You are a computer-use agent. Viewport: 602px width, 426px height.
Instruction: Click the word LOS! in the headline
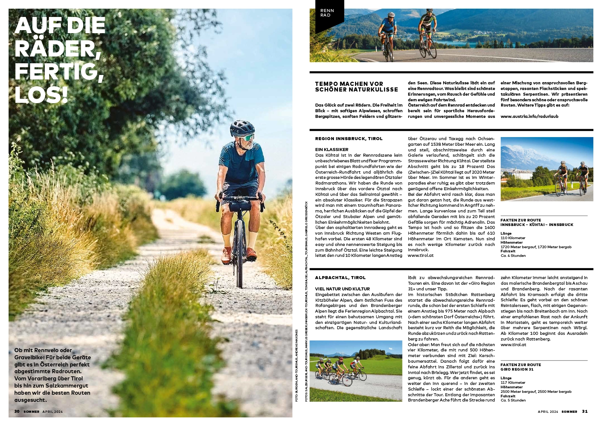[x=41, y=94]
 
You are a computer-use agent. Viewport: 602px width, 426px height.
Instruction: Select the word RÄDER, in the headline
[x=58, y=49]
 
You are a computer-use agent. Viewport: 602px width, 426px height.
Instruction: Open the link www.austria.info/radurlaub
[x=529, y=116]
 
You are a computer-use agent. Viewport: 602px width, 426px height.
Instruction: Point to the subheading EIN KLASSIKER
[x=332, y=150]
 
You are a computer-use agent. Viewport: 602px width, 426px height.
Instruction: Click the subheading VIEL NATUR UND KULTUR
[x=342, y=289]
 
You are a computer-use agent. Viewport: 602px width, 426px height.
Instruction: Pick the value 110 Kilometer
[x=513, y=238]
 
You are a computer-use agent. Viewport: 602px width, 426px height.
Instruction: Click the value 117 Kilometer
[x=513, y=383]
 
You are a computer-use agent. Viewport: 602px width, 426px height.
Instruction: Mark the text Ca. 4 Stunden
[x=513, y=256]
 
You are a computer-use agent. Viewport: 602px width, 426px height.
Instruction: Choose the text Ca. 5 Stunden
[x=513, y=400]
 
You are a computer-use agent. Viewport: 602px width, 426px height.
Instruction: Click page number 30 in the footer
[x=17, y=411]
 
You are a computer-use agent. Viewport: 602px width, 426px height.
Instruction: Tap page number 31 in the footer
[x=585, y=411]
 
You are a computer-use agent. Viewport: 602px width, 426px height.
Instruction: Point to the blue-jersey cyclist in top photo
[x=388, y=26]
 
